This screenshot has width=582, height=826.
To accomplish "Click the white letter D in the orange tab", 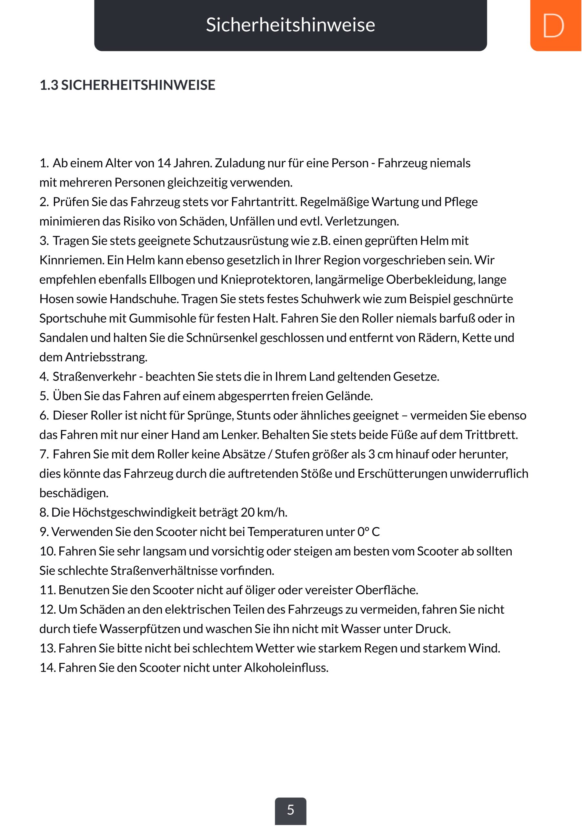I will coord(553,25).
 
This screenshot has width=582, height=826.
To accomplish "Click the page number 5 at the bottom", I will coord(291,810).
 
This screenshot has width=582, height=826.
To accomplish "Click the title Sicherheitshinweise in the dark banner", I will coord(291,25).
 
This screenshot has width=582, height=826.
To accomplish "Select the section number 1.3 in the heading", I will coord(49,85).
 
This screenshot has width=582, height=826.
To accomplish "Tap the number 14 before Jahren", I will coord(164,163).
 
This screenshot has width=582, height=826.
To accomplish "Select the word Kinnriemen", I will coord(71,260).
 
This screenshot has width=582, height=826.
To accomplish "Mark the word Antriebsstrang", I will coord(106,357).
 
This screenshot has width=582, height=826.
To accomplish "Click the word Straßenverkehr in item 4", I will coord(94,377).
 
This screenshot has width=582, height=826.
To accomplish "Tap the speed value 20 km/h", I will coord(264,513).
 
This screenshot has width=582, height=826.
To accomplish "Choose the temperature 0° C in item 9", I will coord(368,532).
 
